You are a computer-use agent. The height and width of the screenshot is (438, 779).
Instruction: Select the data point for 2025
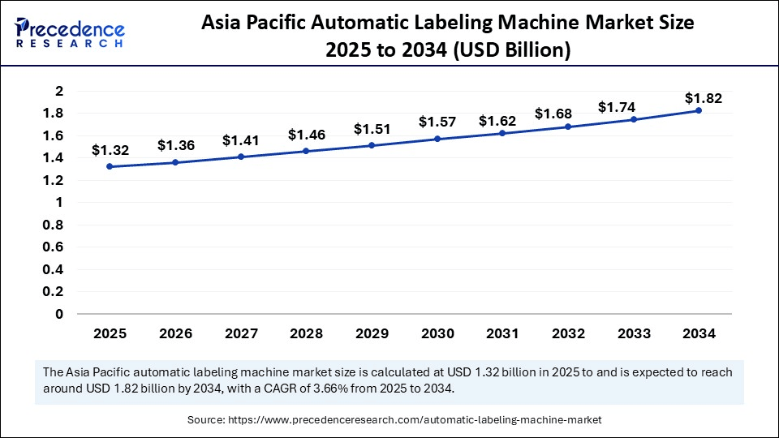110,167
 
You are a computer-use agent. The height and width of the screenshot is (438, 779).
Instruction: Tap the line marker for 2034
699,110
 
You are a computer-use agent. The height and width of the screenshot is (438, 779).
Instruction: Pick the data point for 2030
437,139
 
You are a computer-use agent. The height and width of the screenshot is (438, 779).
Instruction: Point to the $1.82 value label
703,98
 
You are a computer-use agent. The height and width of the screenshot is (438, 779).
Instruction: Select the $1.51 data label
372,129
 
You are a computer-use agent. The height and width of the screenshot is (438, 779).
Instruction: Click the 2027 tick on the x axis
240,333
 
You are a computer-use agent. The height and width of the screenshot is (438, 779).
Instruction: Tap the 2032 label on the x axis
568,333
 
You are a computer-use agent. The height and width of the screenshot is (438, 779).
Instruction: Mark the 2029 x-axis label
372,333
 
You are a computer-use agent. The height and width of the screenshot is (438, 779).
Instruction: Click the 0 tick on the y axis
58,314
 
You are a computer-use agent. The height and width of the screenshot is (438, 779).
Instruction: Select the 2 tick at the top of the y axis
58,91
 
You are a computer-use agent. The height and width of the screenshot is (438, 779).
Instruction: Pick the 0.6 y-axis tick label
54,247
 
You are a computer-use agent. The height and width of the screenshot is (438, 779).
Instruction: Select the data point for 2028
306,151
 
